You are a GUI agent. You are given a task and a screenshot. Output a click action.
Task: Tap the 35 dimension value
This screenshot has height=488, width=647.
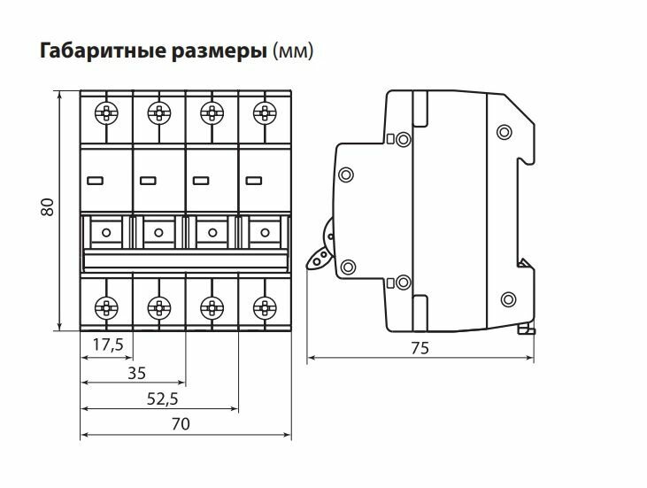tap(135, 372)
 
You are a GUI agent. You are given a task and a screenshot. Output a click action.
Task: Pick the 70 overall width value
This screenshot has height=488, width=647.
tap(181, 424)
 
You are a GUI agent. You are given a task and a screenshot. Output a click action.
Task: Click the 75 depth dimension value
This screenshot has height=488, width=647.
tap(420, 348)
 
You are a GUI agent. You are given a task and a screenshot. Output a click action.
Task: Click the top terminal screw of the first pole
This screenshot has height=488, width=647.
tap(106, 112)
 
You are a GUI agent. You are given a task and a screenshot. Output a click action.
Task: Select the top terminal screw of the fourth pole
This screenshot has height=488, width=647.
tap(262, 112)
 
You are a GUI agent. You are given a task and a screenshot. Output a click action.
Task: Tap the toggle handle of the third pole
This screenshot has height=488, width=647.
tap(211, 233)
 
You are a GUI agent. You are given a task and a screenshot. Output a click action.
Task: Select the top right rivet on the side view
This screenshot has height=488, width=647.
tap(504, 133)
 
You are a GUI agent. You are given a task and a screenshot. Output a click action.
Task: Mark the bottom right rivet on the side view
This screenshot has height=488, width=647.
tap(508, 298)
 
